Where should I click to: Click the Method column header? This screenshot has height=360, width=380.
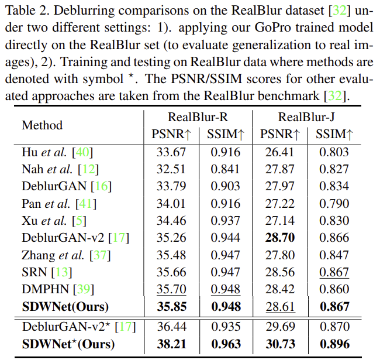pyautogui.click(x=42, y=125)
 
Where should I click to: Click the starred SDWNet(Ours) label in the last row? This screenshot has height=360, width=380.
pyautogui.click(x=68, y=344)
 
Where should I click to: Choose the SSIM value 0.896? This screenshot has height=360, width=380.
pyautogui.click(x=334, y=344)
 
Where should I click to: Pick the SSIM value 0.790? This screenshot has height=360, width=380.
pyautogui.click(x=334, y=204)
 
